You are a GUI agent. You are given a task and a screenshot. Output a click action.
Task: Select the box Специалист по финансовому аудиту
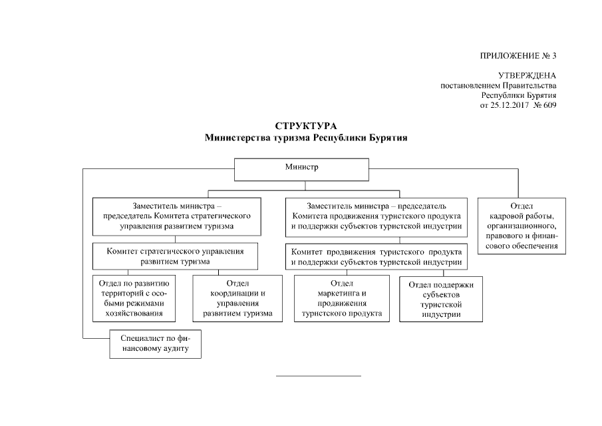pos(156,343)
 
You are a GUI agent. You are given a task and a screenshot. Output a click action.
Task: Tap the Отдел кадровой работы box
pos(522,226)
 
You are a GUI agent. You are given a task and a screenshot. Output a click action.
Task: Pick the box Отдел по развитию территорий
pos(133,298)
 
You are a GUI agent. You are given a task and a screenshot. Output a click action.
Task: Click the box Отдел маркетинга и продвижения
pos(342,298)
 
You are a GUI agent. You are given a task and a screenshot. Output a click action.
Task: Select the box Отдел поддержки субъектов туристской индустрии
pos(441,300)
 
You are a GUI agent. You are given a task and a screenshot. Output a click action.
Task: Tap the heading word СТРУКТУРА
pos(306,126)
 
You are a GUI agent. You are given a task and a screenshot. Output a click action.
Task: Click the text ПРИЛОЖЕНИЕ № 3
pos(518,55)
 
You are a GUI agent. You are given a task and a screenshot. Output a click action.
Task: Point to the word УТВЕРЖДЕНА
pos(527,76)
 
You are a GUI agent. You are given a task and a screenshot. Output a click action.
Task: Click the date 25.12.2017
pos(507,105)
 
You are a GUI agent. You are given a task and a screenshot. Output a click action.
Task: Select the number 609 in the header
pos(549,105)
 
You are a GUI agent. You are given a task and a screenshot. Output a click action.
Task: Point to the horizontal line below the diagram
pos(318,377)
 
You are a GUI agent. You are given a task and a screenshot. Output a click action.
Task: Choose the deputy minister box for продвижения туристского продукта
pos(376,216)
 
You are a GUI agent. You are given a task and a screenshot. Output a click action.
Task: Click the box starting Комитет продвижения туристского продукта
pos(376,256)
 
